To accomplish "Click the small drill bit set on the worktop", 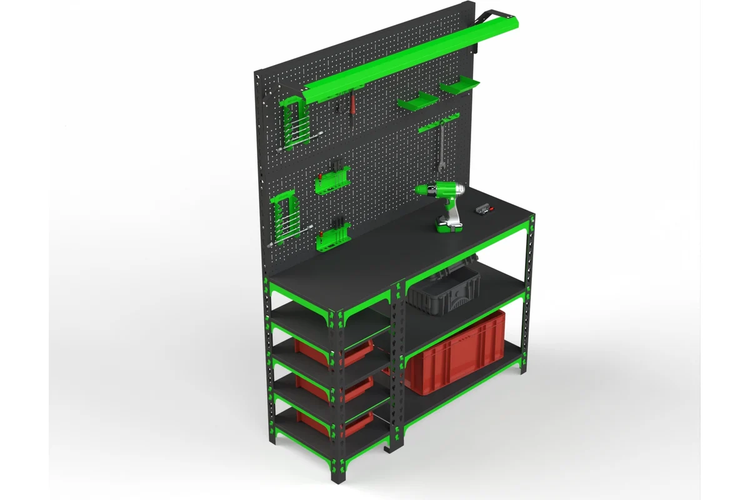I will click(x=483, y=209).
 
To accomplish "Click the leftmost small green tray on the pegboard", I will click(x=417, y=101).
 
